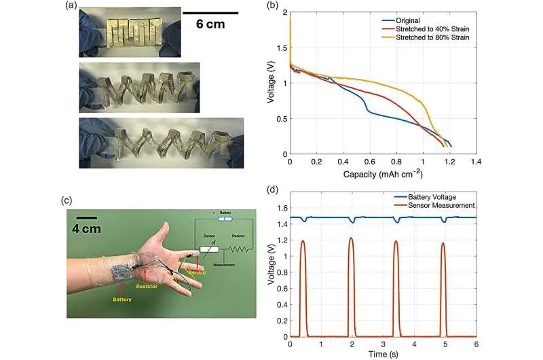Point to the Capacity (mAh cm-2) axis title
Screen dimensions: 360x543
pos(383,175)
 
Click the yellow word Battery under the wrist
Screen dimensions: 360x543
pos(123,297)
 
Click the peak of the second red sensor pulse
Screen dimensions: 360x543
pos(351,238)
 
